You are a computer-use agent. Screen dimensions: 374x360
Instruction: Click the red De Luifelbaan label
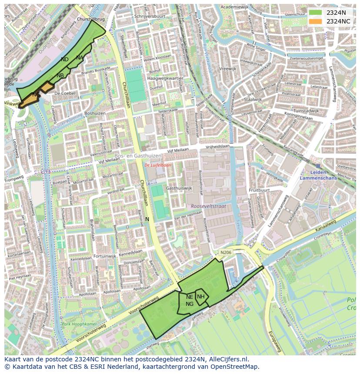click(x=158, y=165)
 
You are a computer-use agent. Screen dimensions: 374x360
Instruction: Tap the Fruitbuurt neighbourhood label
click(x=259, y=190)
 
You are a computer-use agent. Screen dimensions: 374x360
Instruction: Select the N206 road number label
click(x=226, y=252)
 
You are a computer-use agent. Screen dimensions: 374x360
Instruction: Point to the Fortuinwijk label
click(x=105, y=256)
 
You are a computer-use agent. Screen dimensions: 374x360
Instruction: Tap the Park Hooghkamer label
click(x=78, y=324)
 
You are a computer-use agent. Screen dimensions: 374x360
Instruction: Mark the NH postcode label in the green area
click(x=201, y=297)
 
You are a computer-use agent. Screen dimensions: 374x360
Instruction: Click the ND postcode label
click(x=65, y=60)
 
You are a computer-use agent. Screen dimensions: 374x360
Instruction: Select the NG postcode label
click(x=190, y=304)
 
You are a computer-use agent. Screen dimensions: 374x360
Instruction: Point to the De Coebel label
click(x=65, y=93)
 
